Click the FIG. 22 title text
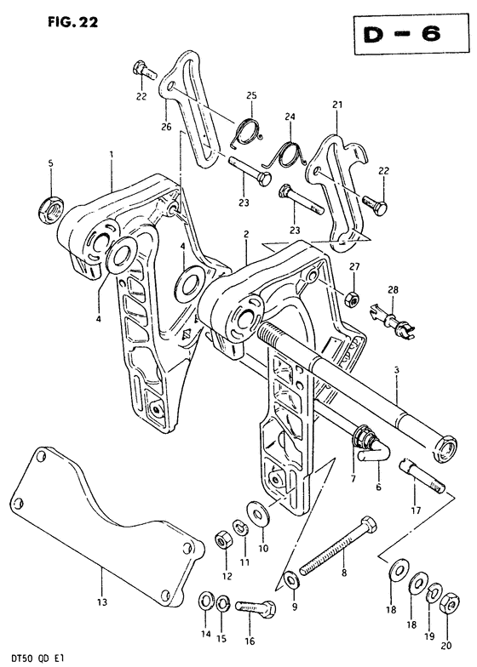click(73, 21)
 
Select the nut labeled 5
click(51, 209)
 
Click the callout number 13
click(102, 602)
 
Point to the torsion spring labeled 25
click(247, 131)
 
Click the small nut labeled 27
click(353, 300)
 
